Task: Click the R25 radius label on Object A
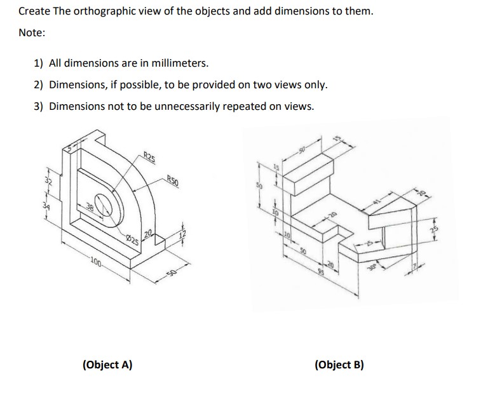coord(150,157)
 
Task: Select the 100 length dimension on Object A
coord(96,260)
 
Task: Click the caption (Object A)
coord(107,365)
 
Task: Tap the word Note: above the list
coord(32,33)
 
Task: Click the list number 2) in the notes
coord(39,85)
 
